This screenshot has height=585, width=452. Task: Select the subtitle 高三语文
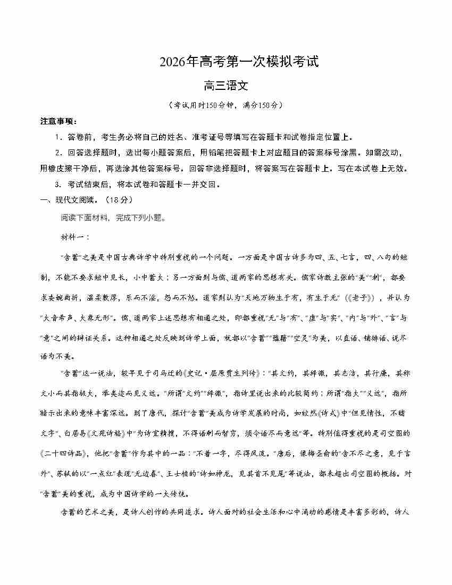pos(226,85)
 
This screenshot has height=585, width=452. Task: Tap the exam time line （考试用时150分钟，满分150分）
pos(225,105)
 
